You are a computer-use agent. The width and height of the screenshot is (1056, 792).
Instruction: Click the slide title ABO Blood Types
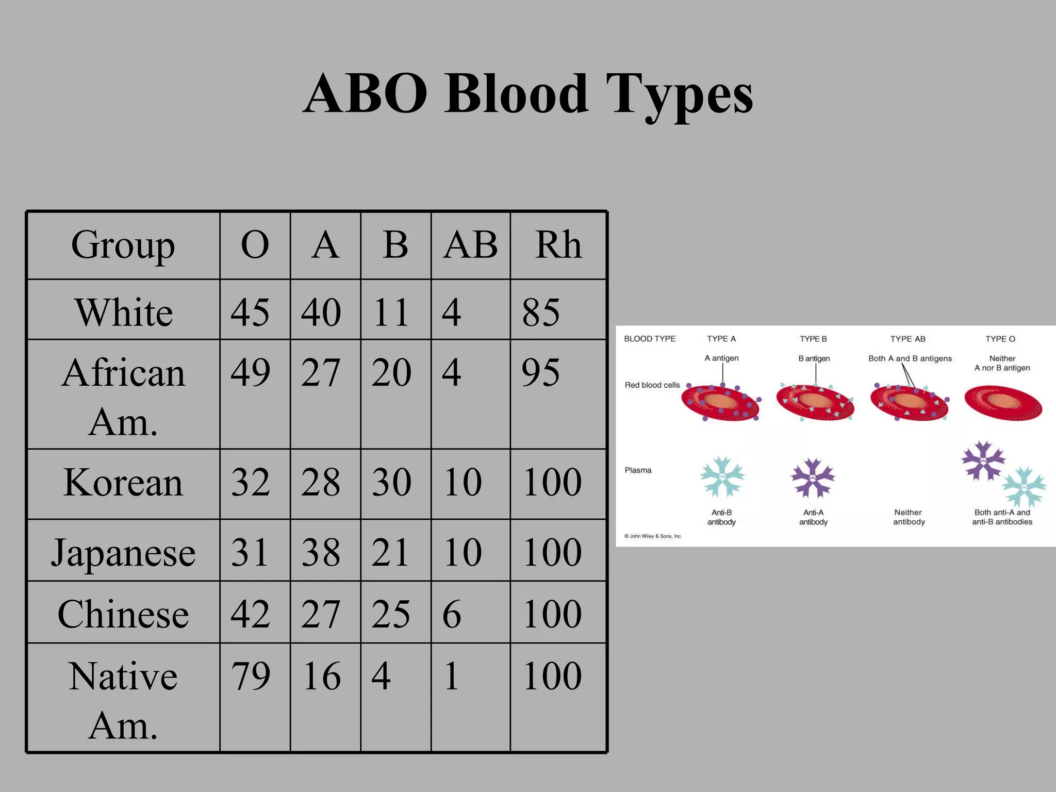click(x=528, y=94)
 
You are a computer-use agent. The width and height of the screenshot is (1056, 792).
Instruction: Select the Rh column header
click(x=558, y=245)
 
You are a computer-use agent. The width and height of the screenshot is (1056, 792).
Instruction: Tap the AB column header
click(x=470, y=245)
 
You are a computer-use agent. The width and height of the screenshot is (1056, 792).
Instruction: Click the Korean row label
click(x=123, y=483)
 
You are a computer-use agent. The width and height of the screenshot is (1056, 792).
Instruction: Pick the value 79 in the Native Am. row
click(x=251, y=675)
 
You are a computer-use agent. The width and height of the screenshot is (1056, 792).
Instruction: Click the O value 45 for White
click(x=250, y=312)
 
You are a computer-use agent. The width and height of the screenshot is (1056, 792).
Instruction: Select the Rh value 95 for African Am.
click(x=540, y=372)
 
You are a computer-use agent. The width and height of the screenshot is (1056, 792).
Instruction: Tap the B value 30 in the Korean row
click(x=391, y=483)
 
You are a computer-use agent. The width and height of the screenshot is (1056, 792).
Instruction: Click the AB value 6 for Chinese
click(x=452, y=614)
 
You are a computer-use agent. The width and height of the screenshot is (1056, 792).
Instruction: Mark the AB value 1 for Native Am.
click(x=451, y=675)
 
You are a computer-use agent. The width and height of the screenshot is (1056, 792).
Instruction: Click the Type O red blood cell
click(x=1003, y=403)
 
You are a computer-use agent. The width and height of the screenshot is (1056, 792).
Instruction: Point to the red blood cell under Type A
click(x=721, y=403)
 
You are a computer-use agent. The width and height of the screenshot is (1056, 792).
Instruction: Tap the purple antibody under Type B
click(x=813, y=477)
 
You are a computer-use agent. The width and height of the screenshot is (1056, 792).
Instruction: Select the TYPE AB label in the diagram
click(x=907, y=339)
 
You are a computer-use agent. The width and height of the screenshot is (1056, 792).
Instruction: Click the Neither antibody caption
click(x=909, y=517)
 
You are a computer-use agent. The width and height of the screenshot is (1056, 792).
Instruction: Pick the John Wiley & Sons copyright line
click(x=653, y=536)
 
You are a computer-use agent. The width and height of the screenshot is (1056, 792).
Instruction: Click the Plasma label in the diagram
click(x=638, y=470)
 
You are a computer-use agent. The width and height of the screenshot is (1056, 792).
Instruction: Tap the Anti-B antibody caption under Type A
click(x=721, y=517)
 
